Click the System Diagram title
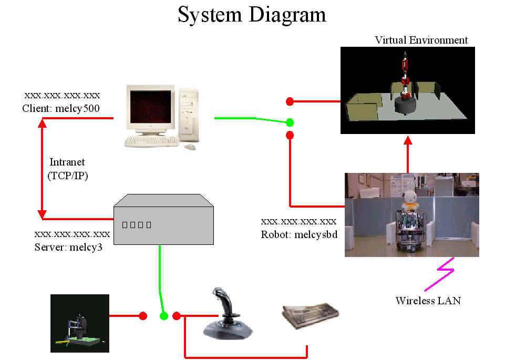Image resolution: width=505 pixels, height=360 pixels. pos(252,15)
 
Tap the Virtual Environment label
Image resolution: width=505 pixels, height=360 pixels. pos(421,40)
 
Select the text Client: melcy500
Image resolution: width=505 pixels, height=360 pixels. pos(61,108)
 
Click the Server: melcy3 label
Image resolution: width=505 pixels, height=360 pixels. pos(68,247)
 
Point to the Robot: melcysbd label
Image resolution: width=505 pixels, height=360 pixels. pos(299,234)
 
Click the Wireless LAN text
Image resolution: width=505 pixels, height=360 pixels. pos(428,301)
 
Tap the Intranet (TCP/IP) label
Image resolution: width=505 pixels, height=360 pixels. pos(68,169)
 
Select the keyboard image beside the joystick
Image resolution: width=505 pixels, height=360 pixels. pos(311,315)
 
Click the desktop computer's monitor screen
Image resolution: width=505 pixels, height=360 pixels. pos(151,107)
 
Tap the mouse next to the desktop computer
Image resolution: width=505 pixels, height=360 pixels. pos(190,147)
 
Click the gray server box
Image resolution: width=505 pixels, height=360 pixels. pos(163,219)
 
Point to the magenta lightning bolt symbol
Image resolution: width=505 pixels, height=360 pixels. pos(440,274)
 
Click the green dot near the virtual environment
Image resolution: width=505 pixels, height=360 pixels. pos(290,122)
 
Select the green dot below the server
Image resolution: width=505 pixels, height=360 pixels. pos(163,316)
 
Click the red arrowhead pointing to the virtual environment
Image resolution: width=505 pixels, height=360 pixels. pos(408,140)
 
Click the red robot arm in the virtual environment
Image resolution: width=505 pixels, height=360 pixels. pos(405,76)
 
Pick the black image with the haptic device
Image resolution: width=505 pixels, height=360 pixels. pos(80,323)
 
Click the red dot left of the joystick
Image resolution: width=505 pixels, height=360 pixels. pos(177,316)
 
